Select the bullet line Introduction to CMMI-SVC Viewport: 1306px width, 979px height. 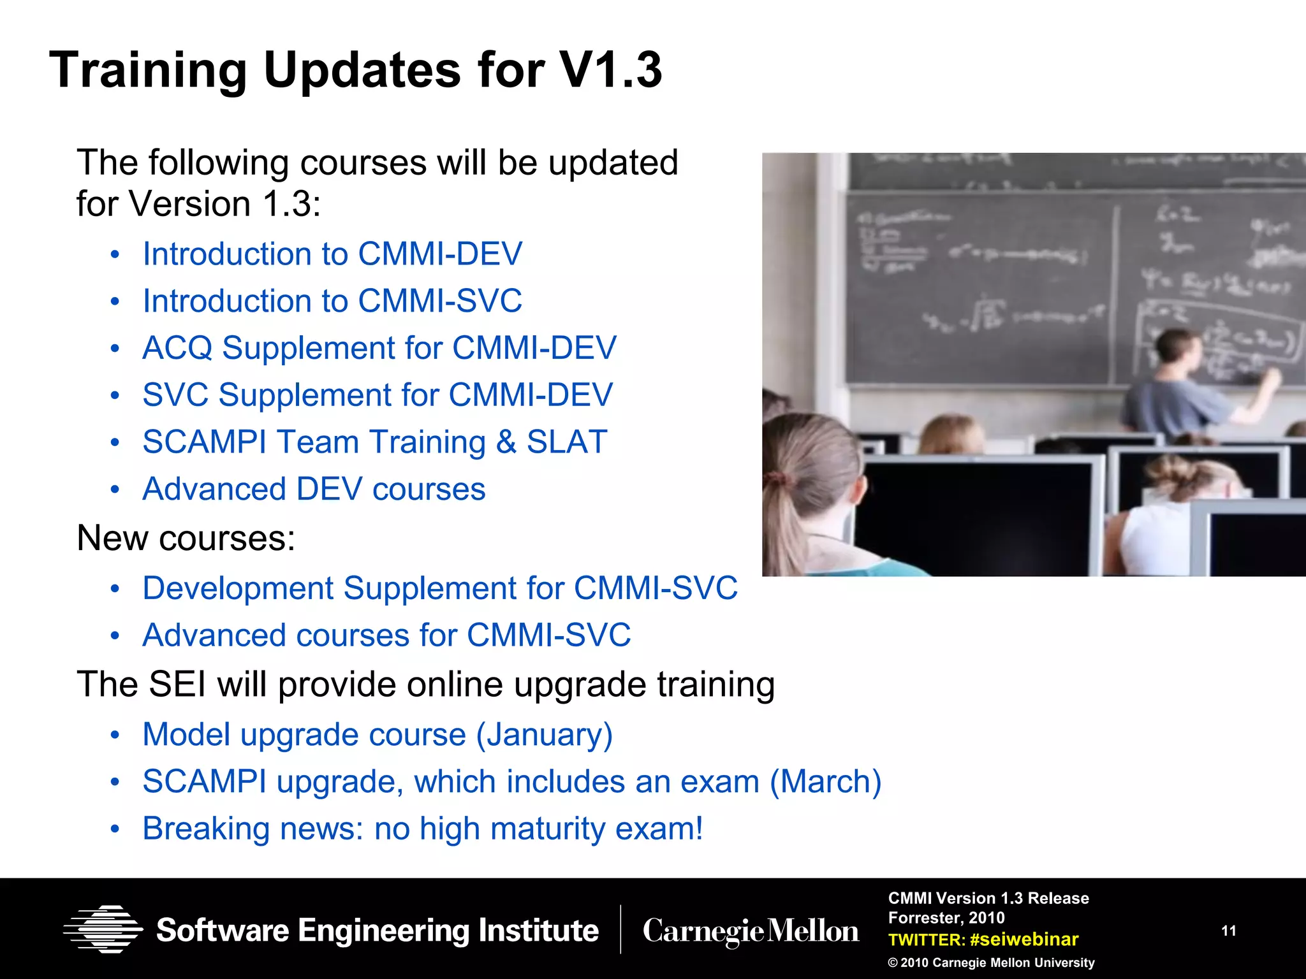(332, 301)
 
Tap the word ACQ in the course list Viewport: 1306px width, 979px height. (177, 348)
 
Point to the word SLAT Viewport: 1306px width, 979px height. (566, 442)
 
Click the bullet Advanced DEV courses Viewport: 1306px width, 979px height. (314, 489)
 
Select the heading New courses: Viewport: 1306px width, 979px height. (186, 538)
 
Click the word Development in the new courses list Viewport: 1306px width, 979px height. (237, 588)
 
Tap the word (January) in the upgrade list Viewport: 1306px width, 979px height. (544, 734)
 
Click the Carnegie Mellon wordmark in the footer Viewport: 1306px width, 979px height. (751, 931)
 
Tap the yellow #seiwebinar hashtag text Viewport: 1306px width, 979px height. (1024, 939)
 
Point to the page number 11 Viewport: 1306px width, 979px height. (1229, 931)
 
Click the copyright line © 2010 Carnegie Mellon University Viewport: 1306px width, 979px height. (991, 962)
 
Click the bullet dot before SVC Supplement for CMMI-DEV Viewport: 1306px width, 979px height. (115, 395)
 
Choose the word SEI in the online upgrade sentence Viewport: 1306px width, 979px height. (177, 685)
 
